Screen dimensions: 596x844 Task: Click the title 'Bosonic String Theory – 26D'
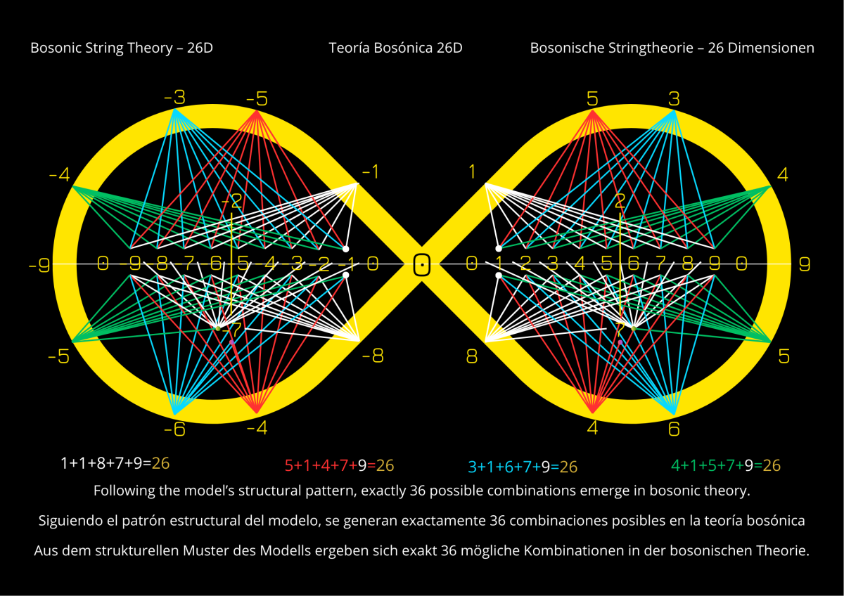click(x=122, y=48)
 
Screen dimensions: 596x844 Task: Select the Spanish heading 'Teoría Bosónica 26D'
click(x=395, y=48)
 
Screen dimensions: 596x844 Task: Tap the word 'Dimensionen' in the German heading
click(x=774, y=48)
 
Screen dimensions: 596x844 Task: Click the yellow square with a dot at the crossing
click(x=421, y=265)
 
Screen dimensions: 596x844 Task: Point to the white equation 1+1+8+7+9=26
click(x=115, y=463)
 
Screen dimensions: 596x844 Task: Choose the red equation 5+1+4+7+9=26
click(x=339, y=465)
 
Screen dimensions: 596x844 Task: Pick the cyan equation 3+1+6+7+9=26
click(x=523, y=467)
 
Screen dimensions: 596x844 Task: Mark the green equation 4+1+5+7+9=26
click(x=726, y=465)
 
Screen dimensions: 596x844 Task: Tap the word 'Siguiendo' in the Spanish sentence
click(x=65, y=521)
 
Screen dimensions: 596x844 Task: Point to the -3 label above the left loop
click(x=174, y=98)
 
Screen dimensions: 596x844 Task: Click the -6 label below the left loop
click(x=174, y=429)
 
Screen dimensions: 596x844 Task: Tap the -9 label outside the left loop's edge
click(x=39, y=266)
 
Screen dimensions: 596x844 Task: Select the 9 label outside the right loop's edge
click(x=805, y=265)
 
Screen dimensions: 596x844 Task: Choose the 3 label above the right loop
click(x=674, y=98)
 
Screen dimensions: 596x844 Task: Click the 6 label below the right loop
click(x=674, y=429)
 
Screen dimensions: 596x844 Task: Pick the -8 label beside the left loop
click(x=373, y=356)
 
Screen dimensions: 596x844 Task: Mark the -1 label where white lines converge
click(x=371, y=171)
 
